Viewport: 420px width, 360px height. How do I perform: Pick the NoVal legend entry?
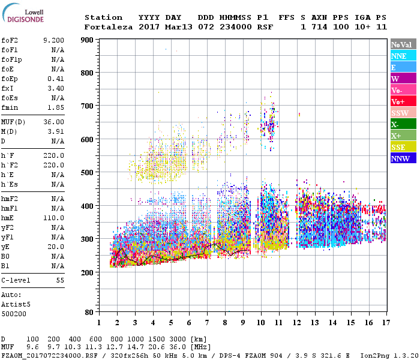(x=403, y=44)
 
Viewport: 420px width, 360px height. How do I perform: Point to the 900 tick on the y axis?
(x=87, y=40)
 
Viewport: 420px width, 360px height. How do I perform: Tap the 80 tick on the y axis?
(x=89, y=312)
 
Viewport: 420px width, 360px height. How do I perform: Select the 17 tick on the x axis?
(x=385, y=322)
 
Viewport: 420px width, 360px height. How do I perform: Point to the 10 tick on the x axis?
(x=260, y=322)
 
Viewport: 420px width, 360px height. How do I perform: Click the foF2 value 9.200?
(x=53, y=40)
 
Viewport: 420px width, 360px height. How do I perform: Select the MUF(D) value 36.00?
(x=54, y=122)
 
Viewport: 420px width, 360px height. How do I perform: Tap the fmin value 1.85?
(x=56, y=107)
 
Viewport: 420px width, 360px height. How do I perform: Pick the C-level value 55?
(x=59, y=280)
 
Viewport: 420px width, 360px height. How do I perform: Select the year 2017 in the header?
(x=148, y=27)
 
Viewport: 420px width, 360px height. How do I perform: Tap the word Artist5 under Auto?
(x=15, y=304)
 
